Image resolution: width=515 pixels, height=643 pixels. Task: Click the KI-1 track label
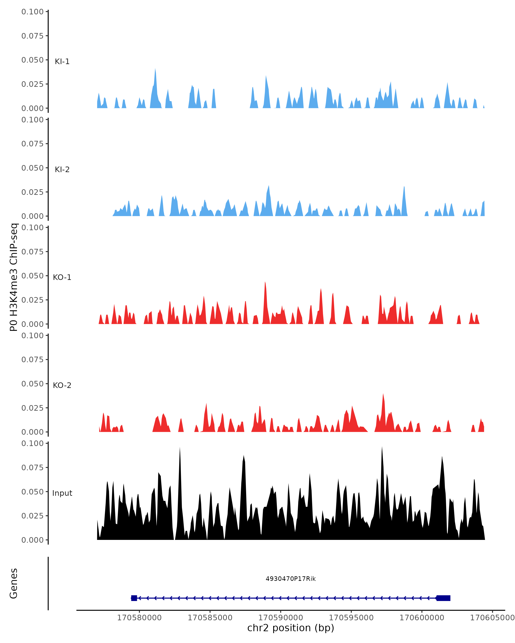[x=62, y=62]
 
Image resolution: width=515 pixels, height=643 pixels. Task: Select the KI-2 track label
[x=62, y=169]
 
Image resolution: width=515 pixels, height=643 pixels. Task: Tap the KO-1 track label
[x=62, y=277]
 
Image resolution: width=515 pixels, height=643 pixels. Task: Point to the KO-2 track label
[x=62, y=385]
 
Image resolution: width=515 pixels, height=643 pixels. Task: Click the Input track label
[x=62, y=493]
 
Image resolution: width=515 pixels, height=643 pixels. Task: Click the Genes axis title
[x=14, y=583]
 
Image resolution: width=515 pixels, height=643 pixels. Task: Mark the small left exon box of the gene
[x=134, y=598]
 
